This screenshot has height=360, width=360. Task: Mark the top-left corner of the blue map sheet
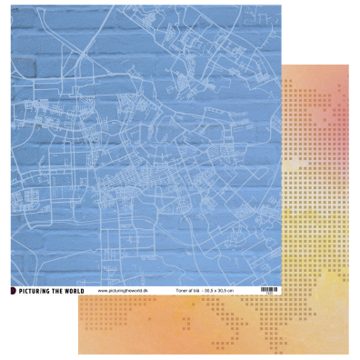pos(11,11)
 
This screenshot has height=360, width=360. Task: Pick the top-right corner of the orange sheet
pos(349,65)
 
